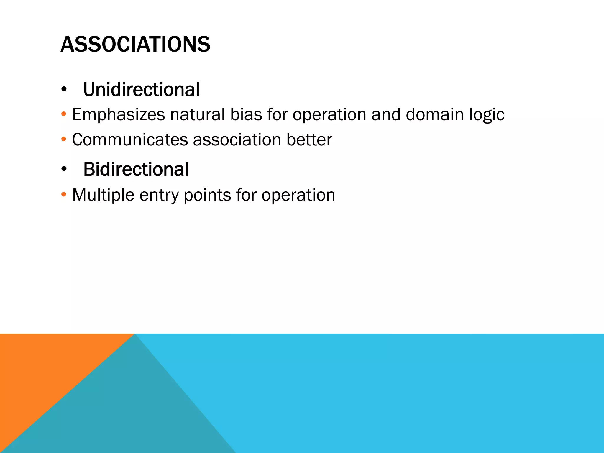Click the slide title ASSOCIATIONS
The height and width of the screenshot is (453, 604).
pos(135,44)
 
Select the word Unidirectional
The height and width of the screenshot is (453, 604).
pos(141,90)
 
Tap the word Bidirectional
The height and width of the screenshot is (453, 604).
pos(136,170)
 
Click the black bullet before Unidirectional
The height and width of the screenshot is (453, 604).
pos(64,90)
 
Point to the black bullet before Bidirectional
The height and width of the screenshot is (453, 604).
pos(64,170)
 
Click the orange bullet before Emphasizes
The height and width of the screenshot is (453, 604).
pos(64,114)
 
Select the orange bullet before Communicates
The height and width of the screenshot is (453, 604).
pos(64,139)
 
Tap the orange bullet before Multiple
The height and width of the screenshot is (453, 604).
pos(64,195)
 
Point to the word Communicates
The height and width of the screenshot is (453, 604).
pos(130,139)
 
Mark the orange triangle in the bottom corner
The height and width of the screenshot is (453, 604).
pos(44,369)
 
